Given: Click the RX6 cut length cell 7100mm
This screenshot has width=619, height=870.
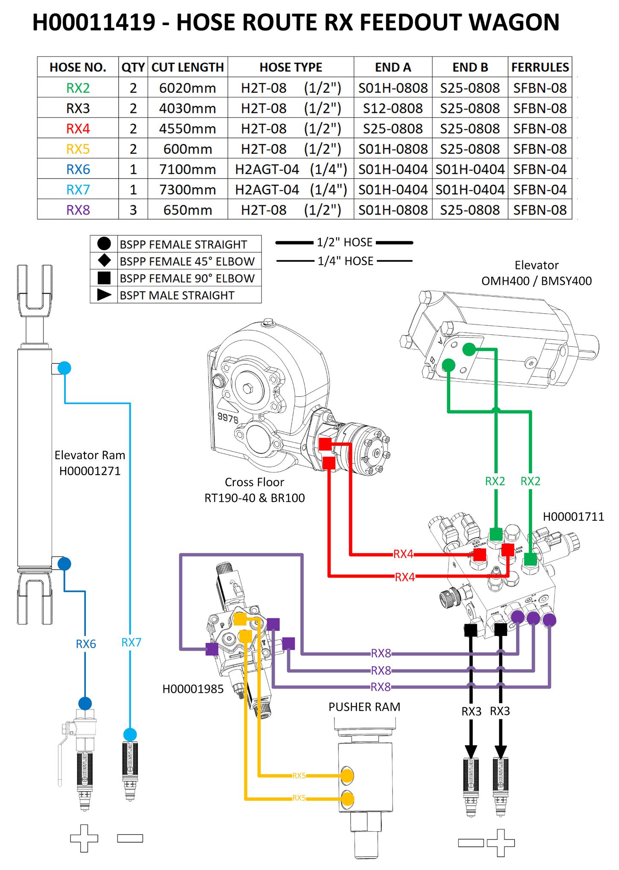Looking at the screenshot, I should (x=188, y=169).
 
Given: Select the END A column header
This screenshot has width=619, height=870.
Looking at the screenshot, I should (x=393, y=67).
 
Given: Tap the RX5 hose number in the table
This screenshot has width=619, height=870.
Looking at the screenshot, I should (x=78, y=149).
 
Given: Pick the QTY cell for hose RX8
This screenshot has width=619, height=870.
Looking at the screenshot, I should (x=133, y=210).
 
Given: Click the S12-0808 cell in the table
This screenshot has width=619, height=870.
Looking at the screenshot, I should (x=393, y=108).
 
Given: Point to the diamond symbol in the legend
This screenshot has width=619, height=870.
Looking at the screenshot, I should (x=104, y=261).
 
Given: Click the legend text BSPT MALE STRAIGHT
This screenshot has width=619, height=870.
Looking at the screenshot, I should (x=177, y=295).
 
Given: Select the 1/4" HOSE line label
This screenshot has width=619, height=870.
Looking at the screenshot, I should (x=345, y=261).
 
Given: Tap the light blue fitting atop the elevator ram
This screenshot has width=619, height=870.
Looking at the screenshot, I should (x=64, y=368).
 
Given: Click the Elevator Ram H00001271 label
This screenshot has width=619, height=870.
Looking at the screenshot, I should (x=90, y=463).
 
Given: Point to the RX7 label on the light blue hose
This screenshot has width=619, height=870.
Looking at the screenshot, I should (x=131, y=643).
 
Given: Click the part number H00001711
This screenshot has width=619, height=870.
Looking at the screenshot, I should (x=573, y=517).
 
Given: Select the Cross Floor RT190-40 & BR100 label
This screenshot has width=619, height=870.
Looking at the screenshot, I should (x=255, y=490).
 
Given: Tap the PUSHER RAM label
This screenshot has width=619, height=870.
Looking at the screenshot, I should (x=364, y=707).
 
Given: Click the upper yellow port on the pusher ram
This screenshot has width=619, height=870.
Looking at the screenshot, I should (x=347, y=775).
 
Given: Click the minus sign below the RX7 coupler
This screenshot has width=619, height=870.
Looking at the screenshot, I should (x=130, y=838).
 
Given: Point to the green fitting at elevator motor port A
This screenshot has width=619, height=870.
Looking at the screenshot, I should (x=469, y=349).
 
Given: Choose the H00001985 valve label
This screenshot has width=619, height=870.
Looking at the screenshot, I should (x=193, y=689).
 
